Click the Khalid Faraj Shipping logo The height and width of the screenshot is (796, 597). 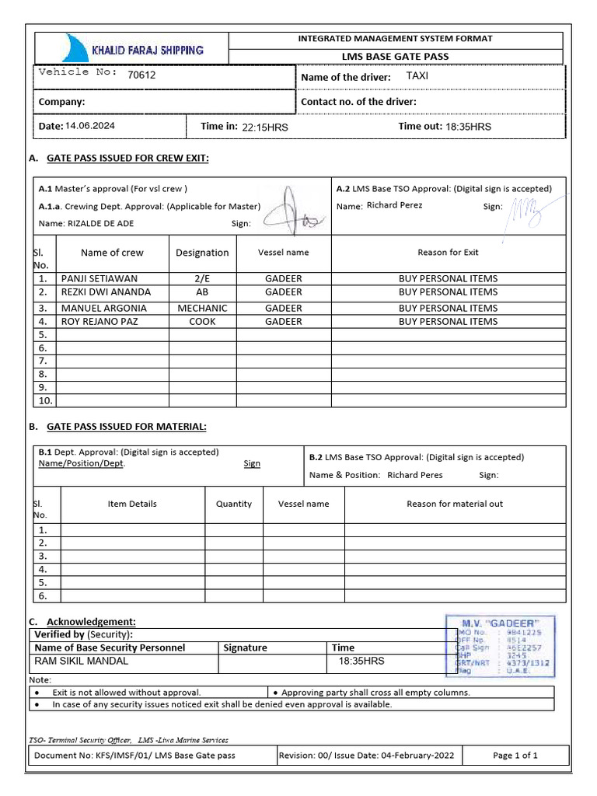pos(136,49)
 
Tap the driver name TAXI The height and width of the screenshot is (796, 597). pos(417,76)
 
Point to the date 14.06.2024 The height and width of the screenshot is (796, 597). pos(90,126)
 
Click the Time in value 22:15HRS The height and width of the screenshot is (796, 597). pos(265,127)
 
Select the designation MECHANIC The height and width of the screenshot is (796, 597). pos(202,308)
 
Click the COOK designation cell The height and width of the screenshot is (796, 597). pos(202,321)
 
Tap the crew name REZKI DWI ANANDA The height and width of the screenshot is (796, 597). pos(106,292)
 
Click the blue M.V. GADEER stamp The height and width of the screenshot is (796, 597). pos(499,645)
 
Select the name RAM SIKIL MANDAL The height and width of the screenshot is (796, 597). pos(82,662)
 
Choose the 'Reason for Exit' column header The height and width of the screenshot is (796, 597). pos(448,252)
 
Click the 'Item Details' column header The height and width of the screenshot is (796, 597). pos(132,504)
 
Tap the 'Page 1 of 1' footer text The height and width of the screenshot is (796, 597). pos(515,755)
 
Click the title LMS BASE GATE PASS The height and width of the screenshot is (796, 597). pos(396,56)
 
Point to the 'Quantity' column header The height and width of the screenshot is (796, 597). pos(234,504)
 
